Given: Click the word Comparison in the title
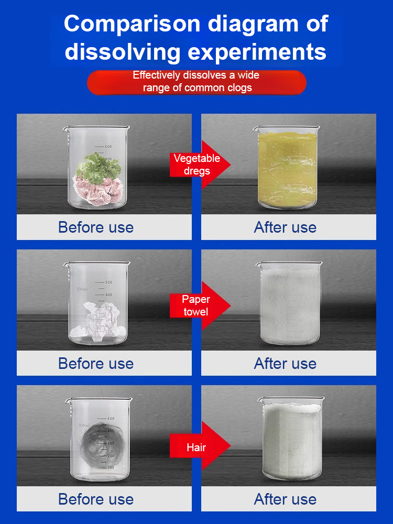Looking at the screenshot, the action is pos(132,24).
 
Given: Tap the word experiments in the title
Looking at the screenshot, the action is pos(257,52).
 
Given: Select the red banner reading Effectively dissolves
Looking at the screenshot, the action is pos(196,82).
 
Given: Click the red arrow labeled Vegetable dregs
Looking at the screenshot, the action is pos(200,165).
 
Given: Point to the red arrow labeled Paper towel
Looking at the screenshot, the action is pos(200,305).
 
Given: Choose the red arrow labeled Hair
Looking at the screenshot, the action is pos(200,446).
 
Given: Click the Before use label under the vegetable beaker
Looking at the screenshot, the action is pos(96,227).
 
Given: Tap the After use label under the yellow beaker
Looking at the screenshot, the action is pos(285,227).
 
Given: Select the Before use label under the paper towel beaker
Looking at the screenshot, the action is pos(96,363).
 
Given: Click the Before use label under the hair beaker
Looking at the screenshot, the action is pos(96,499).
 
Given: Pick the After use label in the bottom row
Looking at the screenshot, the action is pos(285,499).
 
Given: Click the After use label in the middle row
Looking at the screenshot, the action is pos(285,363).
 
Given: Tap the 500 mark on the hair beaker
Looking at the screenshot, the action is pos(111,418).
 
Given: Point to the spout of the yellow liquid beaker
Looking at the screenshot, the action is pos(256,128).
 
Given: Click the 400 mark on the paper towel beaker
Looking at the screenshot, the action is pos(109,294).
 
